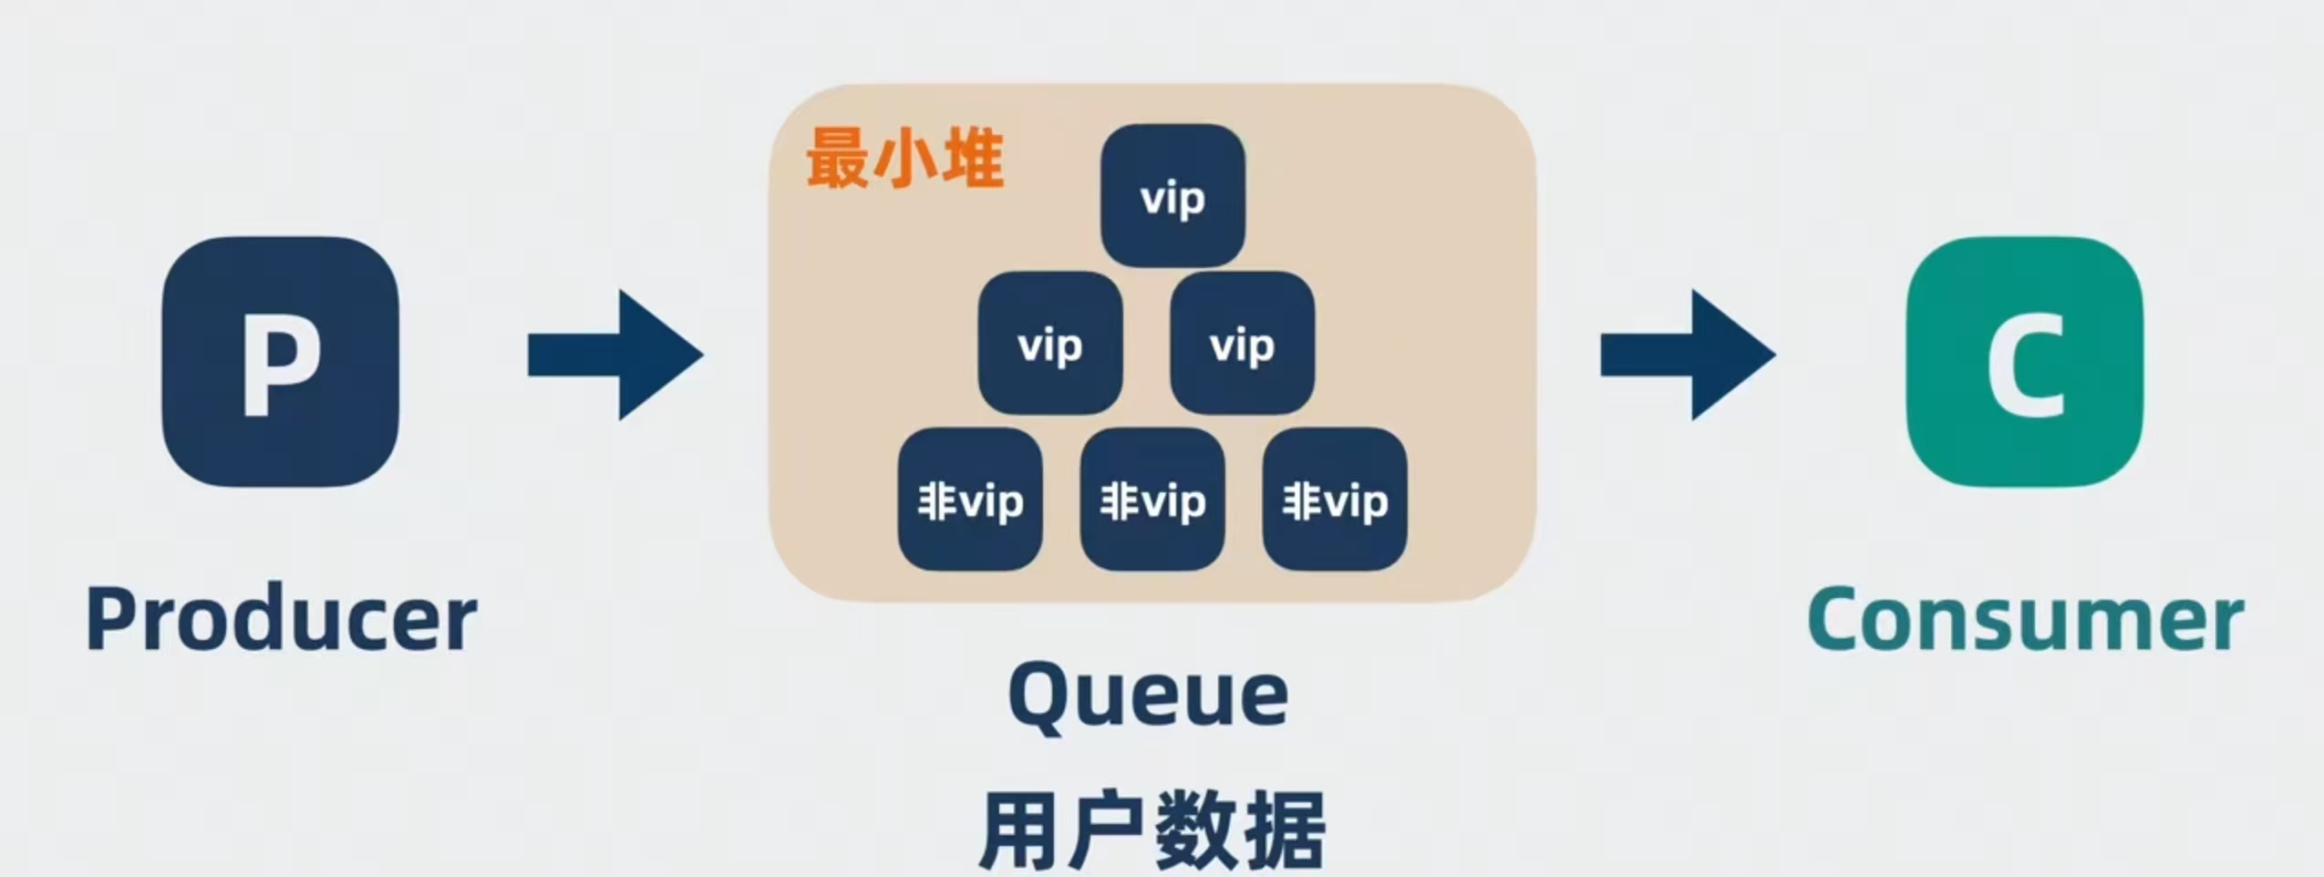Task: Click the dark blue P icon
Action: pos(280,361)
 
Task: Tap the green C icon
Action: pos(2025,361)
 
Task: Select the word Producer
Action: pos(282,620)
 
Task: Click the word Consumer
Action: pos(2025,620)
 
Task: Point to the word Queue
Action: pos(1148,696)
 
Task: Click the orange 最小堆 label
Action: pos(904,159)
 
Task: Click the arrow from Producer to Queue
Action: pos(615,355)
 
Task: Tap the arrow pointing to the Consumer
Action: pos(1688,355)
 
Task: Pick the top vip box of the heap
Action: pos(1172,196)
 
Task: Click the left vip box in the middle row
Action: pos(1050,344)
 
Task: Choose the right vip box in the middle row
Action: pos(1242,344)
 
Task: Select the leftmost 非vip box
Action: pos(970,500)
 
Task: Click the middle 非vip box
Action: pos(1152,500)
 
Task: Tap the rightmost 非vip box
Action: pos(1335,500)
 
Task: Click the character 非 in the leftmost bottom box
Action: pos(936,500)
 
